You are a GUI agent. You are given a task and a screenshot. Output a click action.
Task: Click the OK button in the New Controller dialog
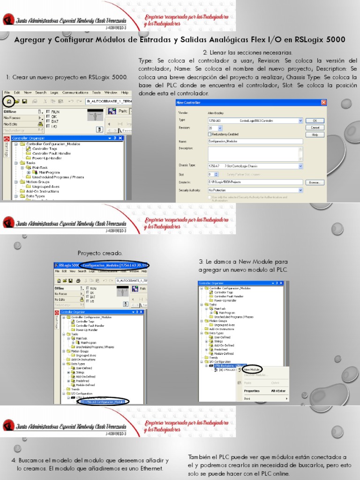pos(315,120)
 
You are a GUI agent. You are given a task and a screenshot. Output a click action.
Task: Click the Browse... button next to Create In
pos(315,182)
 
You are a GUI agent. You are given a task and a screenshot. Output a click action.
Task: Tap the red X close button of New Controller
pos(323,103)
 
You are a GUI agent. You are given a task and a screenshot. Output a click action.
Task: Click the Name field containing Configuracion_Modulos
pos(255,141)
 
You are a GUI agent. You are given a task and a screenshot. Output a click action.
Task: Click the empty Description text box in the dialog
pos(255,153)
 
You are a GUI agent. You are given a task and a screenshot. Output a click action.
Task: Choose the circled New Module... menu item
pos(252,369)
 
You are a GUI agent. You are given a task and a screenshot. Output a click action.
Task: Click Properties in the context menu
pos(252,390)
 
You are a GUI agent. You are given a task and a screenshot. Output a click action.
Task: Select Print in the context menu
pos(247,398)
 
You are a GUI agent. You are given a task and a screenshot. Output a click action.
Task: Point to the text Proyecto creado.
pos(100,253)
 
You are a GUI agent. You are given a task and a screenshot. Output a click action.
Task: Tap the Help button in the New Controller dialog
pos(315,135)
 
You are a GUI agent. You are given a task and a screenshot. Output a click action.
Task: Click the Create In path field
pos(255,182)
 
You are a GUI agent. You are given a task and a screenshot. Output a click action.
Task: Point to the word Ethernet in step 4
pos(149,468)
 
